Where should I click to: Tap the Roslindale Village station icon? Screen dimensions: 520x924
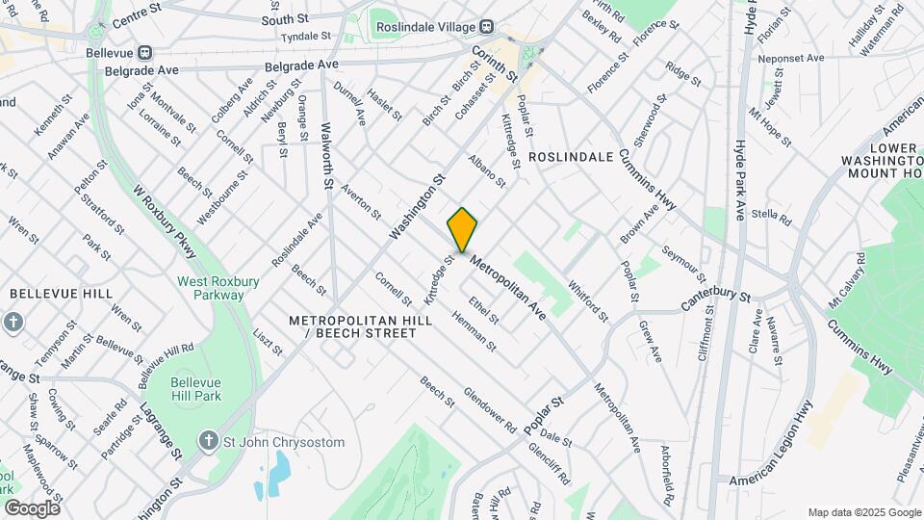point(487,26)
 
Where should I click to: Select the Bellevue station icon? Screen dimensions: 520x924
point(145,53)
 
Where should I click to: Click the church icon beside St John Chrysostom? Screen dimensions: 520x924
point(207,442)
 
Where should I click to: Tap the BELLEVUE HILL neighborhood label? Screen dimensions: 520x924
point(61,293)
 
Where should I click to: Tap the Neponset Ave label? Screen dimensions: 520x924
point(792,58)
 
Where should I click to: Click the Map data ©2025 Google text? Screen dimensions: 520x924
point(863,512)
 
